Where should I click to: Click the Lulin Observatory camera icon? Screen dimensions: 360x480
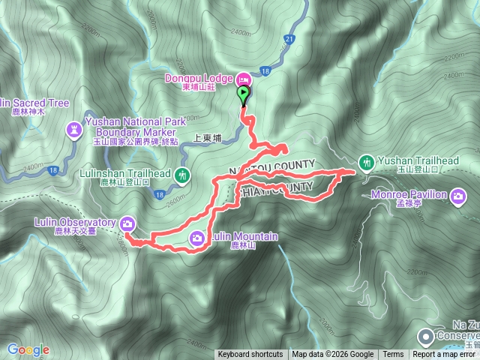click(127, 223)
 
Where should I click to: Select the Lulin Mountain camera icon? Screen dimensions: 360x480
click(197, 238)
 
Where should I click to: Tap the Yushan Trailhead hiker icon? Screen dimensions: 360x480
click(367, 161)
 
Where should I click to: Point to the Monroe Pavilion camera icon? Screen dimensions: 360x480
click(457, 196)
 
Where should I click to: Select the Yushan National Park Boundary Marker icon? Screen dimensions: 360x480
click(74, 130)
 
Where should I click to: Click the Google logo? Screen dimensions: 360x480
click(28, 349)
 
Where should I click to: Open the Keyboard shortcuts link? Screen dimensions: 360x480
click(250, 355)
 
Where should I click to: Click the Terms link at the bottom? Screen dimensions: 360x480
click(393, 355)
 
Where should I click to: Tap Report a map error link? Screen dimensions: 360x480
click(445, 355)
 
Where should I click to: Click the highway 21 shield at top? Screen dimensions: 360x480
click(289, 39)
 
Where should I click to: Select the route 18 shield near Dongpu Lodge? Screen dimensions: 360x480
click(265, 70)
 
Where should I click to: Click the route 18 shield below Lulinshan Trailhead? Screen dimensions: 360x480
click(159, 195)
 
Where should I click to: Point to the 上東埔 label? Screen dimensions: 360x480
click(208, 138)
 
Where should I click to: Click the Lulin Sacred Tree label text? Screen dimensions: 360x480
click(34, 103)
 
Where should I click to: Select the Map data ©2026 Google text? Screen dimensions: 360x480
click(332, 355)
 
